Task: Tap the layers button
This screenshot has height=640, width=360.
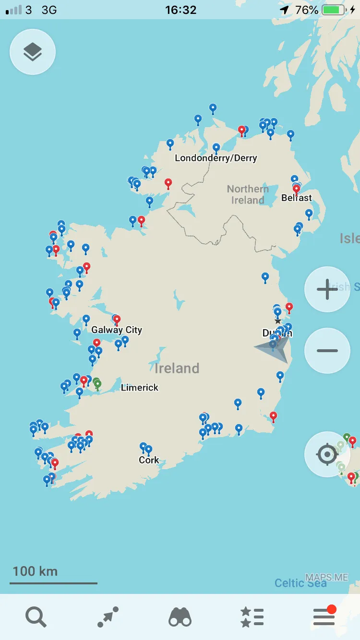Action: pyautogui.click(x=33, y=52)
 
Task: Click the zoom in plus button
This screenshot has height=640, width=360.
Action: pyautogui.click(x=327, y=289)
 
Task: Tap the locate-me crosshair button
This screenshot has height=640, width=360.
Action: pyautogui.click(x=327, y=454)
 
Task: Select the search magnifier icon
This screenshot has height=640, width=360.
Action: pyautogui.click(x=36, y=616)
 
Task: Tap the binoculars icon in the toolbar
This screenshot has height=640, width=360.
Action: pyautogui.click(x=180, y=616)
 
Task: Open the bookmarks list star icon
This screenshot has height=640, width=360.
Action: pyautogui.click(x=252, y=616)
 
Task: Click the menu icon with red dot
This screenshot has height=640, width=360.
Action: pyautogui.click(x=324, y=616)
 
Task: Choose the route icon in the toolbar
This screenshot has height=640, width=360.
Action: pyautogui.click(x=108, y=616)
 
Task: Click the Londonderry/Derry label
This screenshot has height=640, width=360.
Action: pyautogui.click(x=216, y=158)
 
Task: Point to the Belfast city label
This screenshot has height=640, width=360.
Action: pyautogui.click(x=297, y=198)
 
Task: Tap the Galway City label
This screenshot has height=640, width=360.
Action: pyautogui.click(x=117, y=330)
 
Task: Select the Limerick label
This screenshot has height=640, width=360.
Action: pyautogui.click(x=140, y=388)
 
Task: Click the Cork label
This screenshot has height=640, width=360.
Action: pyautogui.click(x=149, y=460)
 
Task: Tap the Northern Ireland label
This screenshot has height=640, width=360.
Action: pyautogui.click(x=248, y=194)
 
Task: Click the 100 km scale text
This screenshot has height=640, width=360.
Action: pyautogui.click(x=35, y=571)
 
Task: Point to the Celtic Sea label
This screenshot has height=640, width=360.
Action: pyautogui.click(x=300, y=583)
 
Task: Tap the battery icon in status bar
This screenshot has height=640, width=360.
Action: pyautogui.click(x=334, y=10)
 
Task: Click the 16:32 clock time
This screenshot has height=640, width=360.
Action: pyautogui.click(x=180, y=10)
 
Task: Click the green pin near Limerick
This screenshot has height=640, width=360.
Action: pyautogui.click(x=97, y=383)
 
